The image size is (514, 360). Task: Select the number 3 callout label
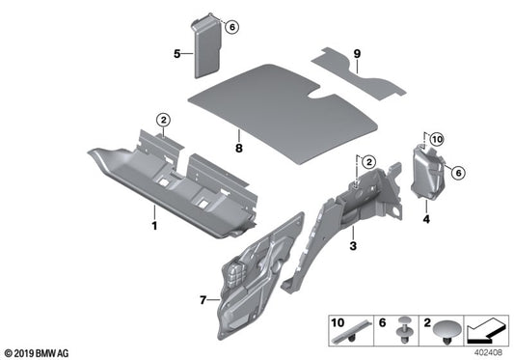click(353, 247)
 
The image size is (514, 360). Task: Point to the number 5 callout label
click(176, 55)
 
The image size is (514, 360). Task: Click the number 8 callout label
click(236, 150)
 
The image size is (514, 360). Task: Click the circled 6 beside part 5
click(230, 27)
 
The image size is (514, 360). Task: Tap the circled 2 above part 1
click(164, 120)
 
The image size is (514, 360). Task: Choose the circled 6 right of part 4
click(458, 172)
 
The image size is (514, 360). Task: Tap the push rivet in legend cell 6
click(402, 335)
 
